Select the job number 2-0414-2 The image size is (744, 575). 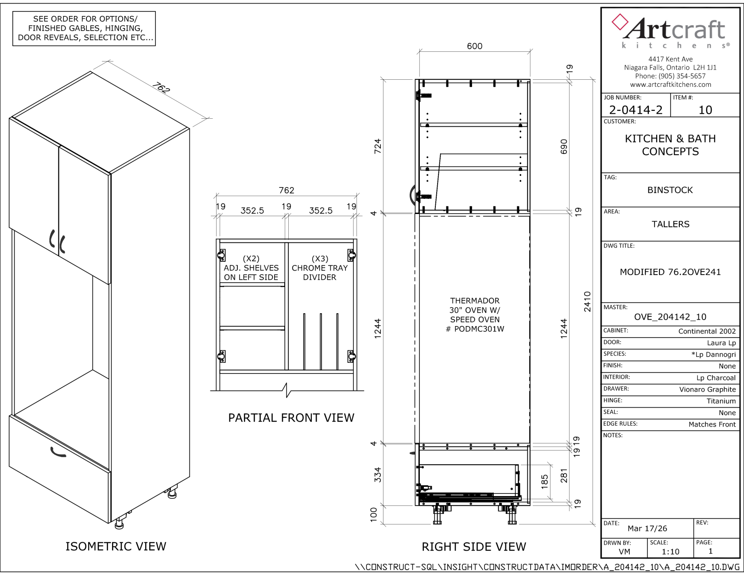click(x=635, y=110)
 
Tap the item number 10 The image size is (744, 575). click(x=705, y=110)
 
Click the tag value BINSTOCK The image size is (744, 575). click(x=670, y=190)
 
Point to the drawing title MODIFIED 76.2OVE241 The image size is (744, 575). click(x=670, y=272)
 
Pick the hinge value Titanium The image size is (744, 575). click(x=721, y=401)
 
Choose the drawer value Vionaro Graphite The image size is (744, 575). click(x=707, y=389)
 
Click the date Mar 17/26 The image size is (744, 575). click(x=647, y=528)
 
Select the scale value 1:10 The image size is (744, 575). click(x=670, y=552)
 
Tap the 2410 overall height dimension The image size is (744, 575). click(x=587, y=302)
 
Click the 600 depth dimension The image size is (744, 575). click(x=474, y=46)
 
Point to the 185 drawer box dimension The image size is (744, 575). click(x=545, y=482)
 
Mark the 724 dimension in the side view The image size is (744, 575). click(x=377, y=146)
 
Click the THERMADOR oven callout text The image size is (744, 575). click(x=475, y=315)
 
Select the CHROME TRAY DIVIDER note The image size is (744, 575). click(x=320, y=268)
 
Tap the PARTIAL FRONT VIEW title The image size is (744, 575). click(x=291, y=418)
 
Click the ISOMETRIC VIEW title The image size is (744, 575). click(x=116, y=546)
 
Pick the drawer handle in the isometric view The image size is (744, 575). click(x=58, y=452)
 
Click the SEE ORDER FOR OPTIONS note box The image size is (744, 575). click(x=84, y=28)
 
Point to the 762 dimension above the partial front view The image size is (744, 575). click(x=287, y=190)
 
